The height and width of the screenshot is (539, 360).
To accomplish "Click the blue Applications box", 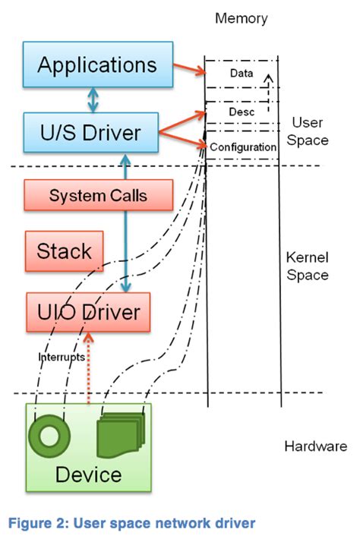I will click(97, 65).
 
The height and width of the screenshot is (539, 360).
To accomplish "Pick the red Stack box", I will click(65, 251).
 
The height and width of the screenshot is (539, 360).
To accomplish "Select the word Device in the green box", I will click(88, 475).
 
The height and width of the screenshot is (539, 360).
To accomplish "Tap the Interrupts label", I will click(62, 357).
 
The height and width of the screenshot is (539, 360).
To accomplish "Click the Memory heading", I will click(240, 17).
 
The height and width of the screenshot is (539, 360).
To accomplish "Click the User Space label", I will click(308, 131).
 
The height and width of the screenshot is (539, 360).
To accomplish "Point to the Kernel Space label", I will click(308, 266).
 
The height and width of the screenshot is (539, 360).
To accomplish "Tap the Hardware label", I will click(315, 446).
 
